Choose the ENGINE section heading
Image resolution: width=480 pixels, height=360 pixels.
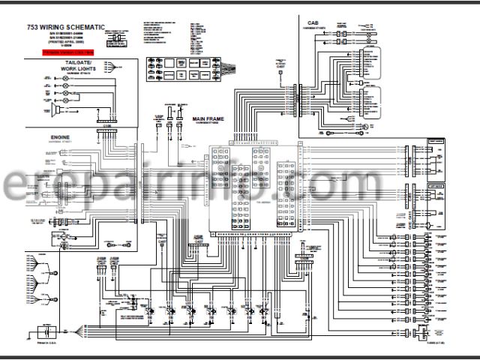click(x=59, y=139)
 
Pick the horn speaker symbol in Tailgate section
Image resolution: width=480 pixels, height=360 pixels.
click(x=56, y=110)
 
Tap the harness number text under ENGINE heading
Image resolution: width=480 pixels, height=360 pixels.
click(x=59, y=145)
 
